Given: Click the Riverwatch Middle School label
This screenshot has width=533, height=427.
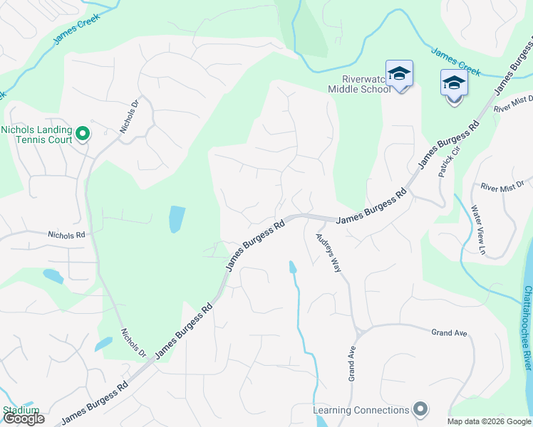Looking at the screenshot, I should pos(358,84).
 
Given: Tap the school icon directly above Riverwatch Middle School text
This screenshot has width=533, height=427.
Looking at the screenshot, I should pos(399,73).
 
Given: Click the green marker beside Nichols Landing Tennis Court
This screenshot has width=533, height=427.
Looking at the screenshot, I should pos(82,133).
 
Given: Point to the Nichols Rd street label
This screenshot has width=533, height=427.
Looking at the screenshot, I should pos(66,234).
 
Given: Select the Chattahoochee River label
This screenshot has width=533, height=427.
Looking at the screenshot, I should pos(527,327).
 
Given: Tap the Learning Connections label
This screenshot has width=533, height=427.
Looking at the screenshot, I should pos(361,410).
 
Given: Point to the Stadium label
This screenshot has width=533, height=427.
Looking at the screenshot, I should pos(20,410).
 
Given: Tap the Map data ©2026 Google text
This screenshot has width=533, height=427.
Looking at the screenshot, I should pos(489,421).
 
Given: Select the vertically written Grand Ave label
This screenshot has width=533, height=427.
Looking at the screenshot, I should pos(352,364).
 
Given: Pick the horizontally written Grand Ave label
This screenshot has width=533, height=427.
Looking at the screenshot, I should pos(448,332).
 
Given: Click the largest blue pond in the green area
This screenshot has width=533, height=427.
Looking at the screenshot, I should pos(177,219).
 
